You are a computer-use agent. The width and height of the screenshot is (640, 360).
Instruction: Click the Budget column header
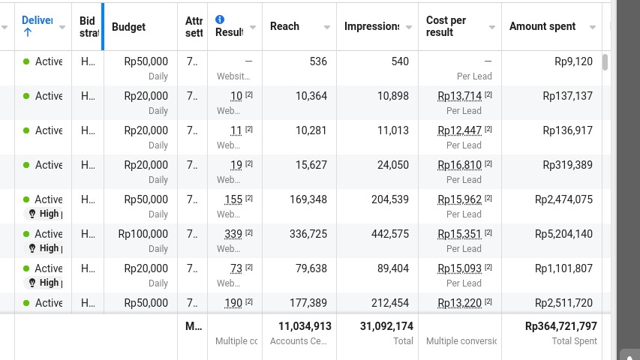point(128,27)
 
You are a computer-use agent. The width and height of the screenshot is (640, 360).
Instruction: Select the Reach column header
point(284,26)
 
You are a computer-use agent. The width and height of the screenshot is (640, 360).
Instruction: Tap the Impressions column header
point(372,26)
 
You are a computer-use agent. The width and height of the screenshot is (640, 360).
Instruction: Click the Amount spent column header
point(542,26)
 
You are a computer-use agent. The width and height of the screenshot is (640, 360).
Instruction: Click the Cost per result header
point(446,26)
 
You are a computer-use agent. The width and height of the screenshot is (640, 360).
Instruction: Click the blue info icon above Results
point(220,19)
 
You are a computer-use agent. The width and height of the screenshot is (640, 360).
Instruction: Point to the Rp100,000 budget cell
point(143,234)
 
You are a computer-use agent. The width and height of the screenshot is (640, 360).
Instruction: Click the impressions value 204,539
point(390,199)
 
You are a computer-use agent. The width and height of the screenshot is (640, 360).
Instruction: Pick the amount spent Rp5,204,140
point(563,234)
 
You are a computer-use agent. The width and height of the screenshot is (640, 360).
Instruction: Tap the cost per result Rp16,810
point(459,165)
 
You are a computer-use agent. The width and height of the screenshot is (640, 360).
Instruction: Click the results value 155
point(233,199)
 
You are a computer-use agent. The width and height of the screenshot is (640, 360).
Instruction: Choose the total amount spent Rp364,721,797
point(561,326)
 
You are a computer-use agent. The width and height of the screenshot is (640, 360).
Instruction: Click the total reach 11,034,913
point(305,326)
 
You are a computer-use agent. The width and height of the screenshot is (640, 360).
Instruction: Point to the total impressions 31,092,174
point(386,326)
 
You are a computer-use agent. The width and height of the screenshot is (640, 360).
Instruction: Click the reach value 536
point(318,61)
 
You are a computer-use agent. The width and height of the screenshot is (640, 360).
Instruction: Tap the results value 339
point(233,234)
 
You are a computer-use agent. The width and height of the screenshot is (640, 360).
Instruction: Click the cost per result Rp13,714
point(459,96)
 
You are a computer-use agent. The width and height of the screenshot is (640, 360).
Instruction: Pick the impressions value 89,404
point(393,268)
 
